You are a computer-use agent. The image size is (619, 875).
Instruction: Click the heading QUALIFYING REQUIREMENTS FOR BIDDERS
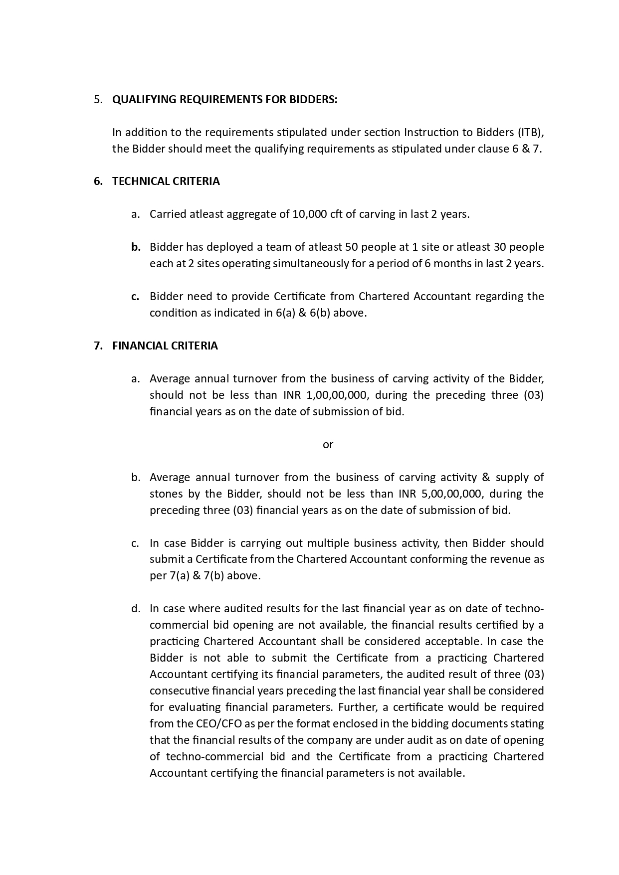(224, 100)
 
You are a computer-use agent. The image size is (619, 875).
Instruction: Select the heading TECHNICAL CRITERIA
(166, 181)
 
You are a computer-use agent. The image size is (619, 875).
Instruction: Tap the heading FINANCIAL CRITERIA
(165, 346)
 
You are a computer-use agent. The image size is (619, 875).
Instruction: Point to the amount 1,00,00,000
(337, 395)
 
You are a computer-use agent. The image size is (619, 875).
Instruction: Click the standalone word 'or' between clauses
(328, 445)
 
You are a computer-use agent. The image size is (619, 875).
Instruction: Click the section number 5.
(98, 100)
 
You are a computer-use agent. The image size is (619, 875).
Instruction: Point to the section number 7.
(98, 346)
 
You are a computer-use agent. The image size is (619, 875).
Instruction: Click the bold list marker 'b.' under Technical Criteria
(136, 247)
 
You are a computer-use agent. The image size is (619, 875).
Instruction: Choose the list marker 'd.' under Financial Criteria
(136, 609)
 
